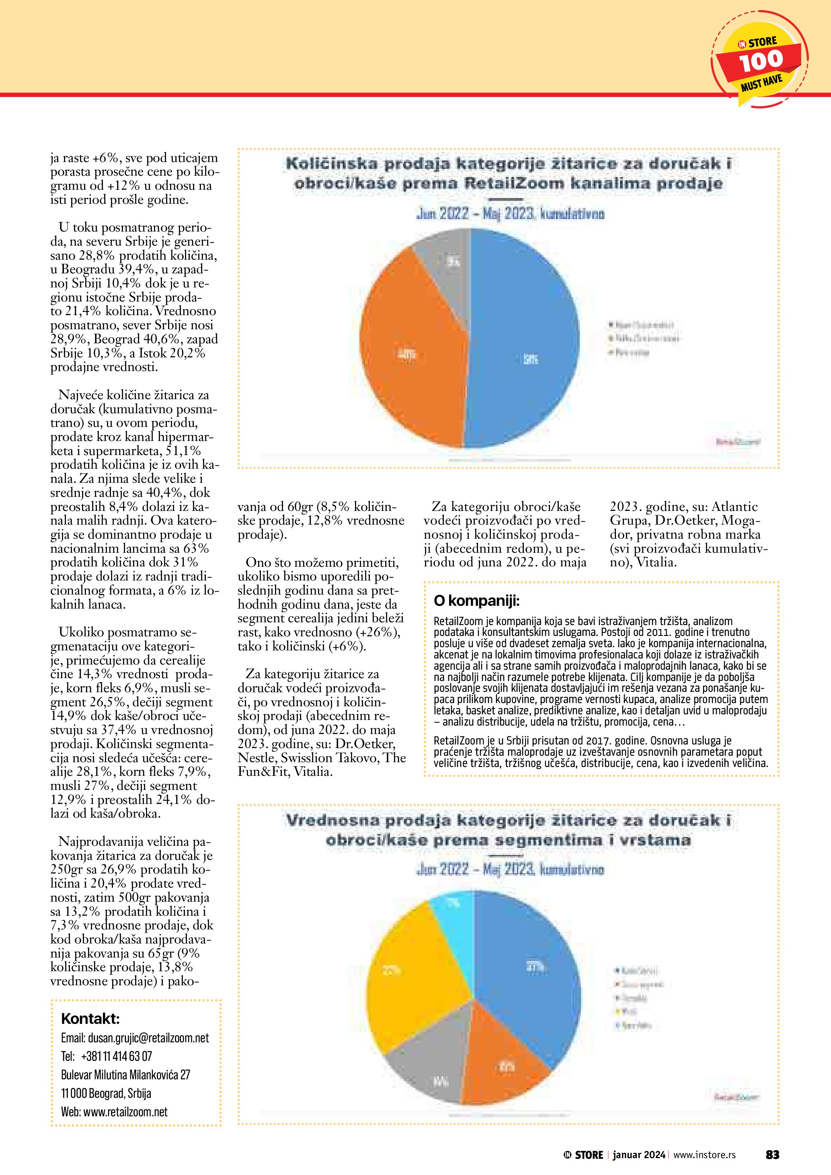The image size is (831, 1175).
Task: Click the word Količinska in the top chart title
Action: coord(332,164)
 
